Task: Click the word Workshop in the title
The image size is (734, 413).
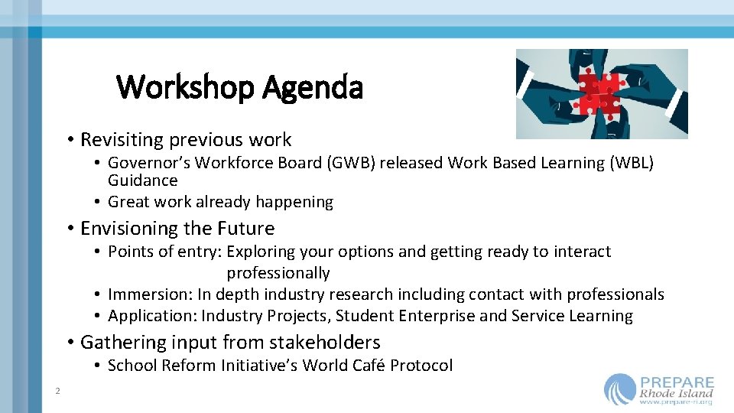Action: tap(186, 87)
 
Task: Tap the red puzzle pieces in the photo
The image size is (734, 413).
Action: tap(599, 94)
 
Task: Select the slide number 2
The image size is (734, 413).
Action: tap(57, 392)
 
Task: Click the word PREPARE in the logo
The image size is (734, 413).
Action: tap(677, 382)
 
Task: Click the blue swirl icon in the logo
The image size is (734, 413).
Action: tap(619, 389)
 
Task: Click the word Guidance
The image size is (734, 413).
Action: tap(142, 180)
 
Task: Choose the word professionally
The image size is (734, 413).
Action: tap(278, 273)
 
